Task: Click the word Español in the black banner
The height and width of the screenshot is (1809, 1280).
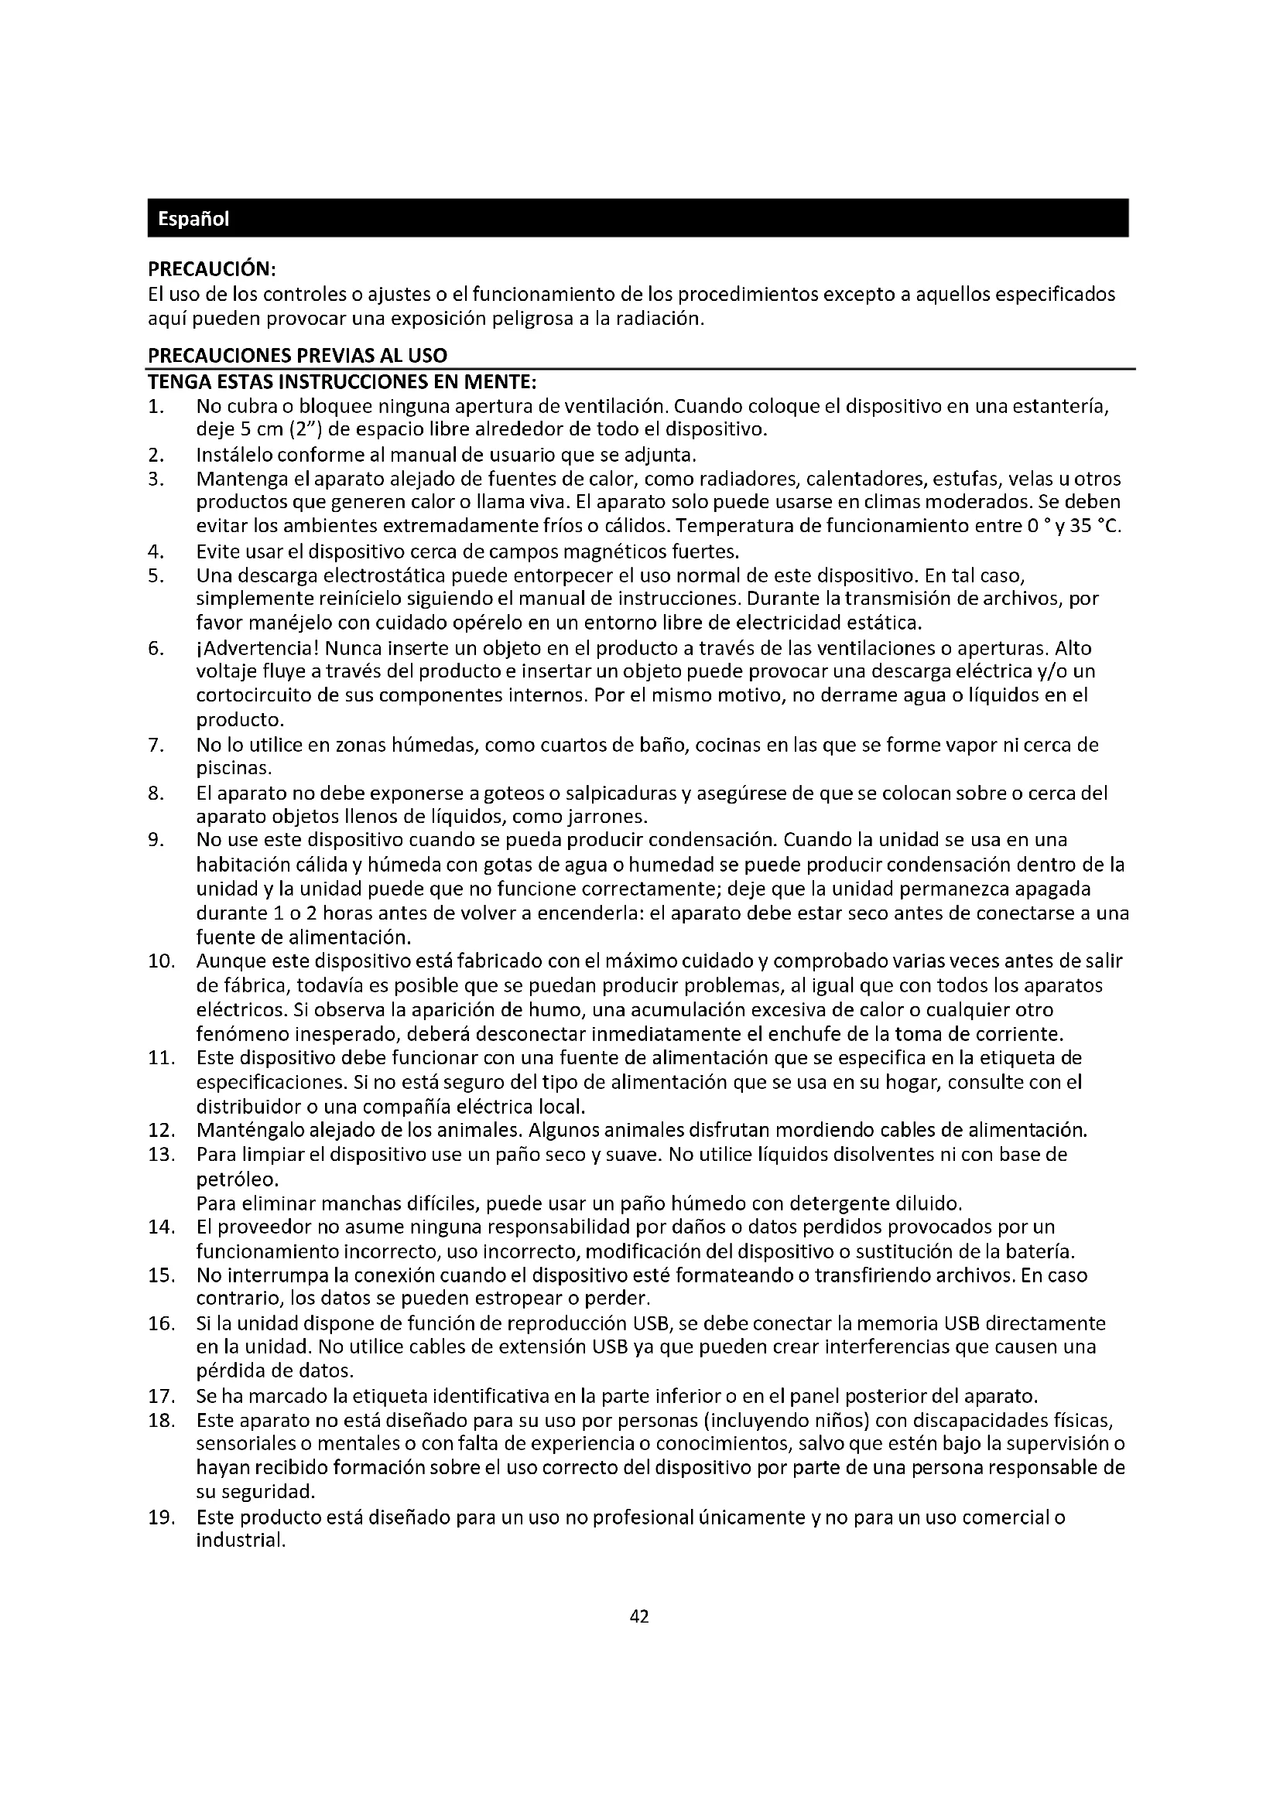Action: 193,219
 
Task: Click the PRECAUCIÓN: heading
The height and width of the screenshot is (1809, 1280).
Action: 211,269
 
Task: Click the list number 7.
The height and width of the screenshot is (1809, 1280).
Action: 156,745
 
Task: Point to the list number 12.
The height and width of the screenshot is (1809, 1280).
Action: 161,1131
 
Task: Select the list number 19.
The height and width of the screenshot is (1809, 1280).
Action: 161,1517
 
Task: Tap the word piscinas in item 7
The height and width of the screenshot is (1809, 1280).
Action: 232,767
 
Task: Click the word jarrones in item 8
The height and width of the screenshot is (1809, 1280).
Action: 612,815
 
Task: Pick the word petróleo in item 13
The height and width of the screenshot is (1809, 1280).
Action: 236,1179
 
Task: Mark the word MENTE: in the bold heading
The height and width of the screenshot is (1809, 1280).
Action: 499,382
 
